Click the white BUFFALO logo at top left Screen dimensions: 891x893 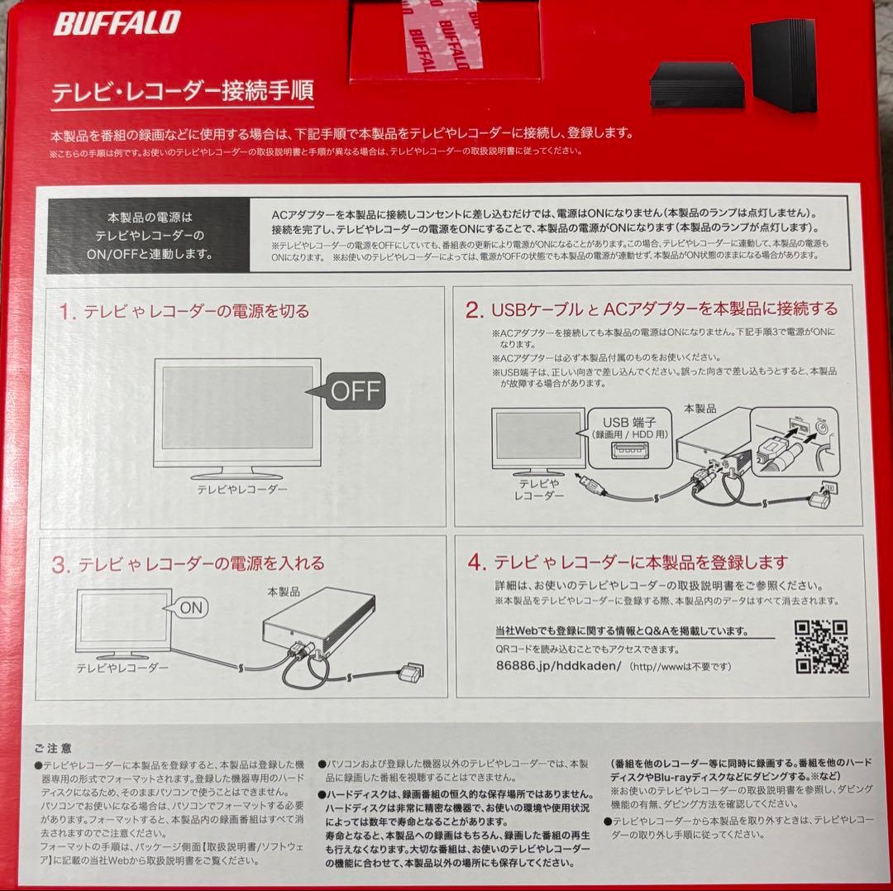[117, 23]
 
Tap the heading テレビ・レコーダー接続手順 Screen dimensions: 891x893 [183, 92]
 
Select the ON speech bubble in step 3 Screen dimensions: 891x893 [189, 608]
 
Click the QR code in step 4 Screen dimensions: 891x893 [822, 646]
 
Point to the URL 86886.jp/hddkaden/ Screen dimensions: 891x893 [556, 666]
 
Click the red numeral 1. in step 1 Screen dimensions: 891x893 [67, 312]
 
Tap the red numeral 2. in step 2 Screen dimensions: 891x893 [474, 310]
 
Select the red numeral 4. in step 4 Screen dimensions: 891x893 [475, 563]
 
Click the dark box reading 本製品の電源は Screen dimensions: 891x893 [150, 236]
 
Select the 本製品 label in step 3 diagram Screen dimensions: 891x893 [283, 592]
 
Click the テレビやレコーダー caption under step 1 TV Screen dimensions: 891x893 [241, 489]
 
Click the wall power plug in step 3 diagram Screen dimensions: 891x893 [409, 673]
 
